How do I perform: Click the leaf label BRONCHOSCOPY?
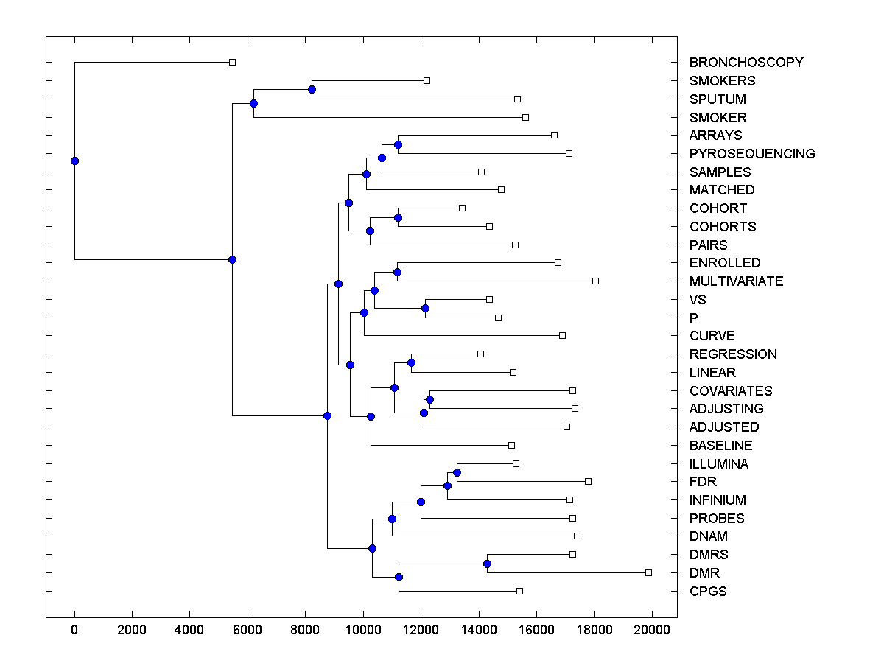tap(746, 63)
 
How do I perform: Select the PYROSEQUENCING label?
tap(752, 154)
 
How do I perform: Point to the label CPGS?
tap(708, 592)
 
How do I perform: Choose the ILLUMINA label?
tap(718, 464)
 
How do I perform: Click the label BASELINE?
tap(720, 446)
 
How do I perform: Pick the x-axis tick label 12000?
tap(421, 630)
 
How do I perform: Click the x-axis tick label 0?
tap(74, 630)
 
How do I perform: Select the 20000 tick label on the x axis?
tap(652, 630)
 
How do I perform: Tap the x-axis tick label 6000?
tap(248, 630)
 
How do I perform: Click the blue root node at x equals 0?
tap(74, 161)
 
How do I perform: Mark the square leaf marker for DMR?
tap(648, 572)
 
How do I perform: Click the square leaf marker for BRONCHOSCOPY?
tap(232, 63)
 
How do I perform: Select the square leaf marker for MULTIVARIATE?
tap(595, 281)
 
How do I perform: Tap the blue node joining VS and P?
tap(425, 308)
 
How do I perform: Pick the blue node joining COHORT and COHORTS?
tap(398, 217)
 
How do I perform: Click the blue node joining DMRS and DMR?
tap(487, 564)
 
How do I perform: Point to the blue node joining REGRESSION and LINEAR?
tap(411, 362)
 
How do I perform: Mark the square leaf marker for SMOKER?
tap(525, 117)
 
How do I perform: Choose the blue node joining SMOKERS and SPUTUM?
tap(312, 89)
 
